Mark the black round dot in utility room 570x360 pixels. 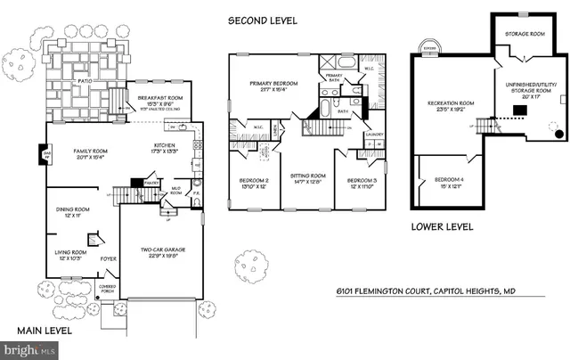[x=558, y=135]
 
